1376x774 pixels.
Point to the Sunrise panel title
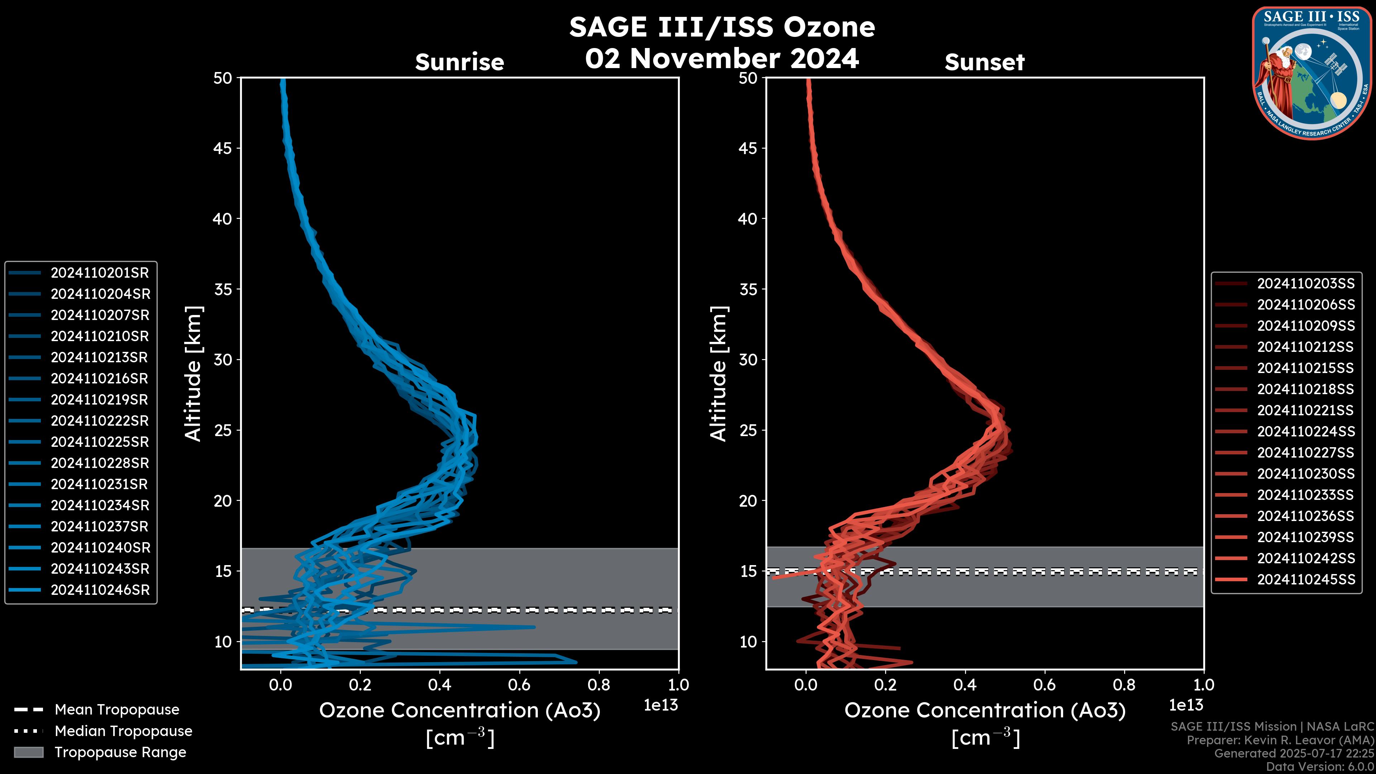[459, 62]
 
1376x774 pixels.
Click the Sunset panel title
[984, 62]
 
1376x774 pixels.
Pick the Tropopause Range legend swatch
[29, 752]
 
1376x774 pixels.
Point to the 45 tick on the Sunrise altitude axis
[223, 148]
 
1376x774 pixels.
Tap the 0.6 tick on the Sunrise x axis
[519, 685]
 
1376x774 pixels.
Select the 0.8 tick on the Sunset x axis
[1124, 685]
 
